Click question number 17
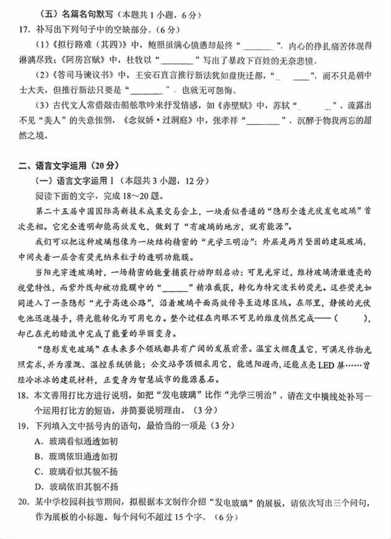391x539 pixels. click(x=24, y=30)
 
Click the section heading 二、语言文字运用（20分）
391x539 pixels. click(x=69, y=165)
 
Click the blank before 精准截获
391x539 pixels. click(x=178, y=288)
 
